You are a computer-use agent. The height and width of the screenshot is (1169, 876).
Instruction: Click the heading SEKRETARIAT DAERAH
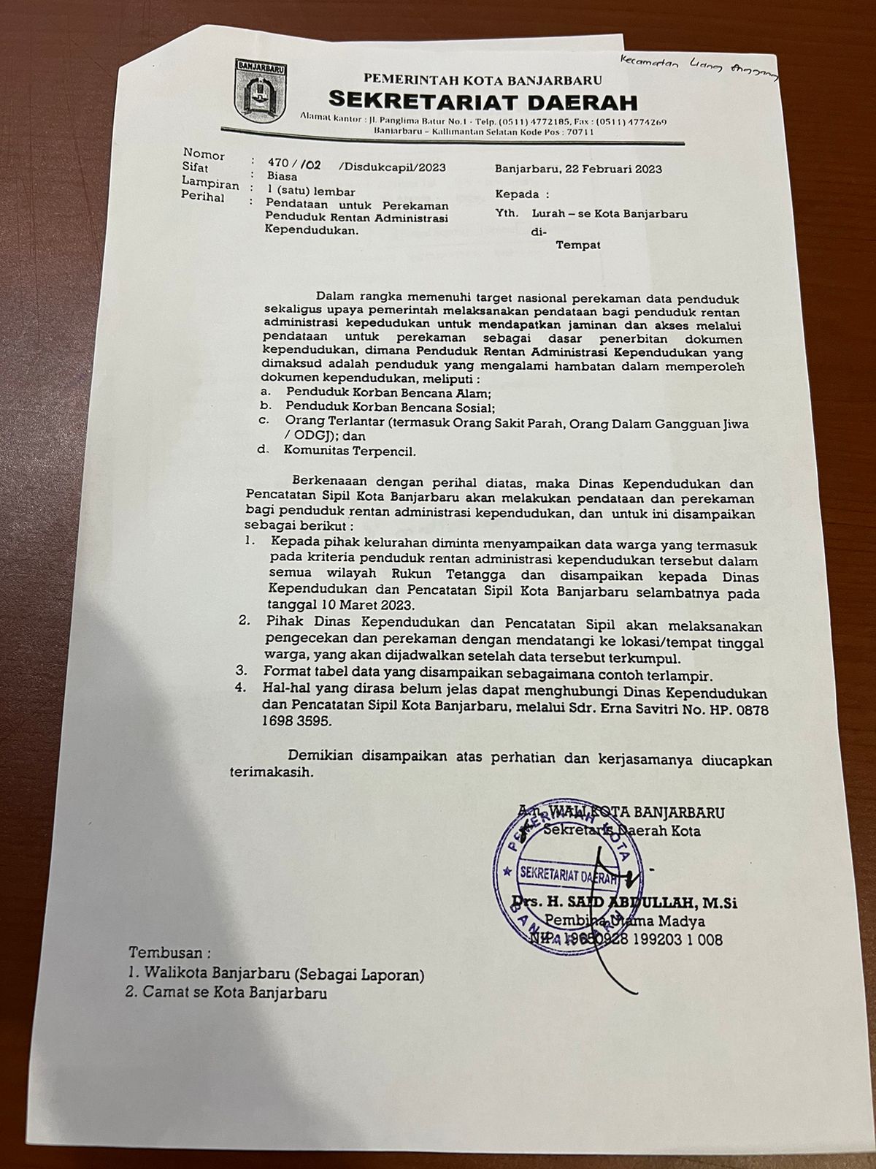click(x=483, y=100)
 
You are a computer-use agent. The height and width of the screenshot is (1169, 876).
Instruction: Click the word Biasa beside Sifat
click(x=281, y=175)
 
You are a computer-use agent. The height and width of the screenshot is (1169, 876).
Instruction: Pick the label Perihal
click(x=204, y=198)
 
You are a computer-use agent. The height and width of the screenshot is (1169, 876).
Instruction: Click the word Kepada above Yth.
click(x=517, y=194)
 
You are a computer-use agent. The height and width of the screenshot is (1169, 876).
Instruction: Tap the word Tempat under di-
click(x=578, y=245)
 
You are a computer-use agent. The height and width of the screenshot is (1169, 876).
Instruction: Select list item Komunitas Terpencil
click(x=350, y=451)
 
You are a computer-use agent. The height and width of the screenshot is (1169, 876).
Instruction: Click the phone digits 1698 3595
click(x=296, y=721)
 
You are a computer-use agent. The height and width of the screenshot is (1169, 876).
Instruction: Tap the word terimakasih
click(x=273, y=772)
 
